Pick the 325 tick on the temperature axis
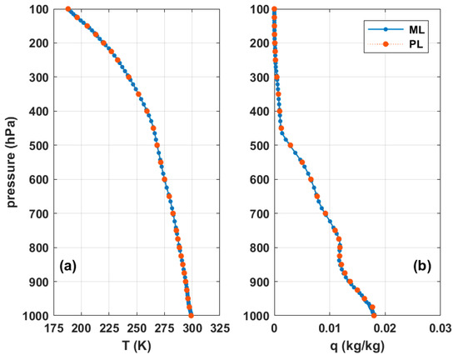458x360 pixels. (221, 328)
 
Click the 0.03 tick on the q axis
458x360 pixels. (441, 328)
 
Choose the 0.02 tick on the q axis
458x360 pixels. (386, 328)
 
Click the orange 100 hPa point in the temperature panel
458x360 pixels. (68, 9)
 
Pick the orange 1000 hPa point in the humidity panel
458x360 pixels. (374, 316)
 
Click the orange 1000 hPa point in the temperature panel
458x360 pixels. (192, 316)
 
